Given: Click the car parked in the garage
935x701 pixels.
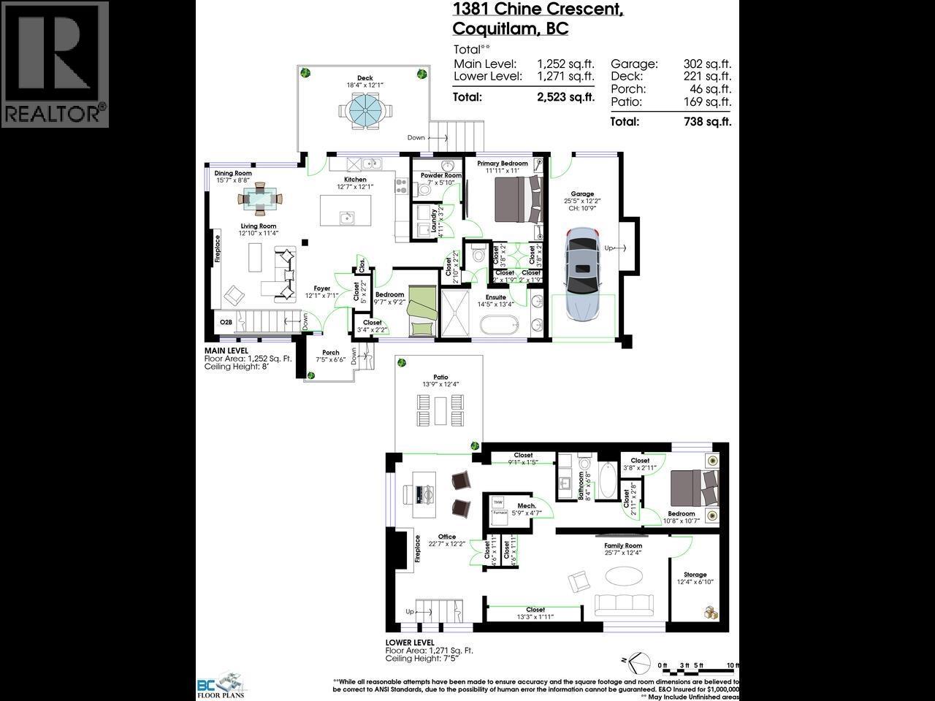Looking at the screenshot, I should pos(583,274).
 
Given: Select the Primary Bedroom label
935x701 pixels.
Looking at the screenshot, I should pos(503,164).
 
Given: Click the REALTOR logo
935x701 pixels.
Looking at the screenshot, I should pos(55,64).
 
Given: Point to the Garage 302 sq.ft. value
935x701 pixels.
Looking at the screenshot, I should pos(707,64).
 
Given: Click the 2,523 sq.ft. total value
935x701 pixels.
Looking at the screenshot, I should pos(565,97).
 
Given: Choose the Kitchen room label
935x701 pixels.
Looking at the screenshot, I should pos(355,180).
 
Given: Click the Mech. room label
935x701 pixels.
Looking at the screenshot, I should pos(526,506).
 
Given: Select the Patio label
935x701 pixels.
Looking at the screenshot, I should pos(440,377).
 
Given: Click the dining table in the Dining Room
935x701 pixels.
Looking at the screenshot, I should pos(262,198).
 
